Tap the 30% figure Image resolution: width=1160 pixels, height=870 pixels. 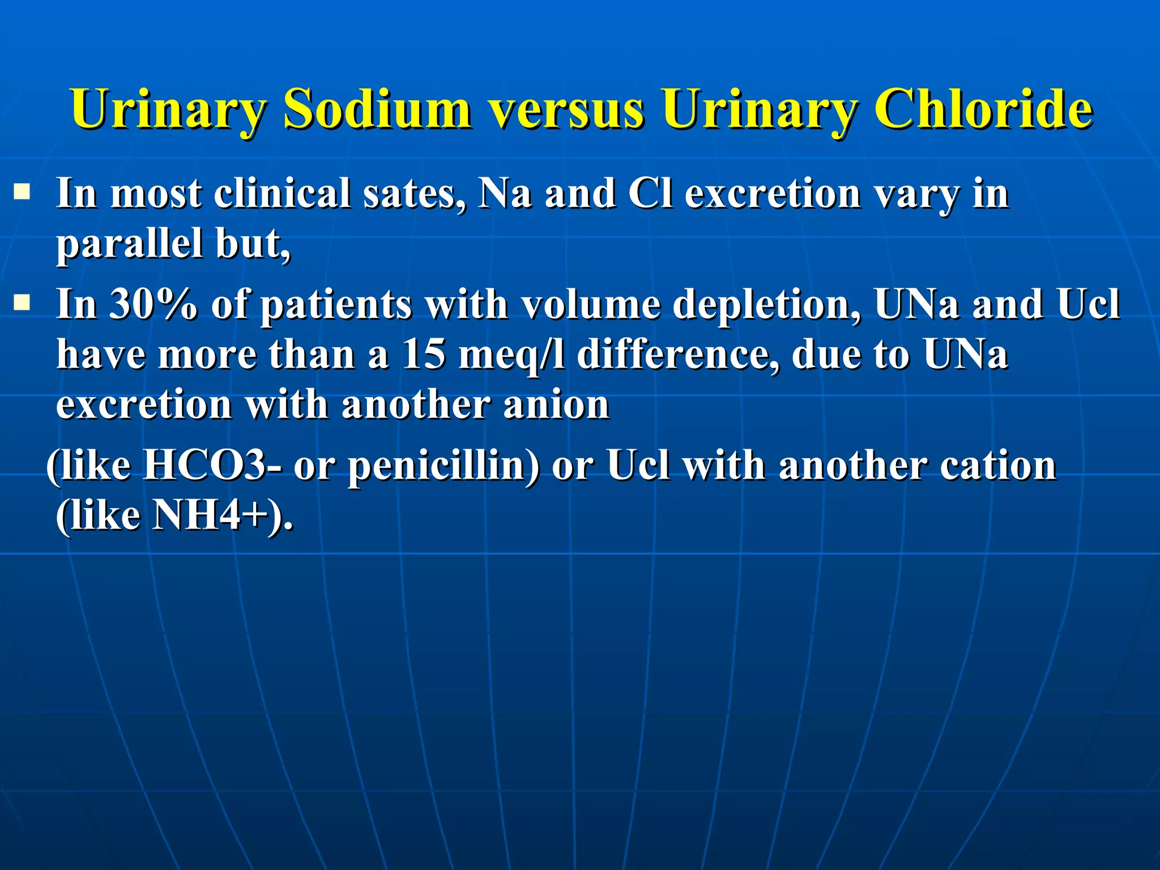(153, 304)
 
